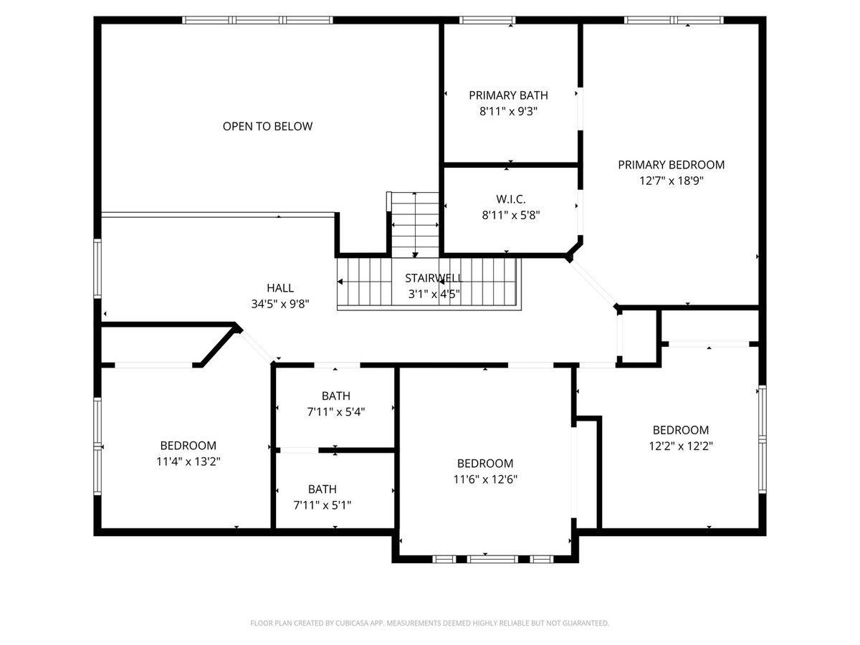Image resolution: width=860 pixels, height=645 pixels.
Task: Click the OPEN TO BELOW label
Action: (267, 126)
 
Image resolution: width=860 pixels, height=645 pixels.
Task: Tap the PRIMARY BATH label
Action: (508, 95)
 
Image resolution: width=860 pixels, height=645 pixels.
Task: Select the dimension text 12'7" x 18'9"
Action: (671, 181)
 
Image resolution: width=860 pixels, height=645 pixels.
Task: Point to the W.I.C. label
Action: (510, 199)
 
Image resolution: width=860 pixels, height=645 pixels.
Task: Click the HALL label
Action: (280, 288)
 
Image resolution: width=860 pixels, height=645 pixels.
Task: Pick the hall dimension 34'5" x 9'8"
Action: (280, 303)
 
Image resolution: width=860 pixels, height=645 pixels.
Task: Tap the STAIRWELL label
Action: (434, 278)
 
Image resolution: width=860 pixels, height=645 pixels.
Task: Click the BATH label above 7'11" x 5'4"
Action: (336, 396)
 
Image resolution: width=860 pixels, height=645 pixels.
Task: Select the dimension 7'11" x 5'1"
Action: (322, 505)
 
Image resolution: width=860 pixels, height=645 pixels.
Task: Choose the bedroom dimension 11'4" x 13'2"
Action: (188, 462)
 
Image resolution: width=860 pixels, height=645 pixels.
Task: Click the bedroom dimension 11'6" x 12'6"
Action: (485, 479)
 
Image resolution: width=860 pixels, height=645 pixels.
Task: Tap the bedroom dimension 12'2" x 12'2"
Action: (681, 446)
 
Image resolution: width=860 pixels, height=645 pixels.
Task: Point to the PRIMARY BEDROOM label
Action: (671, 165)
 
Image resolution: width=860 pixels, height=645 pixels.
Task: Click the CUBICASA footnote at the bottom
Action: (429, 623)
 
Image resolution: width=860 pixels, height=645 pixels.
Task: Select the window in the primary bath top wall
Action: (487, 20)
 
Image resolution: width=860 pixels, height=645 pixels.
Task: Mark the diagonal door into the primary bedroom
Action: (592, 283)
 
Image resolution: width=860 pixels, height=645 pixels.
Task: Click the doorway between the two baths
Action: (299, 450)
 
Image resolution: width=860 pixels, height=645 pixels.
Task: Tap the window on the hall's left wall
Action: (97, 269)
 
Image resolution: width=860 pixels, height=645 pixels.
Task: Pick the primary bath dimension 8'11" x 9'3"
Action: (508, 111)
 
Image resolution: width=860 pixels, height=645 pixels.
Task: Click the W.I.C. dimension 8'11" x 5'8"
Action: (510, 214)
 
